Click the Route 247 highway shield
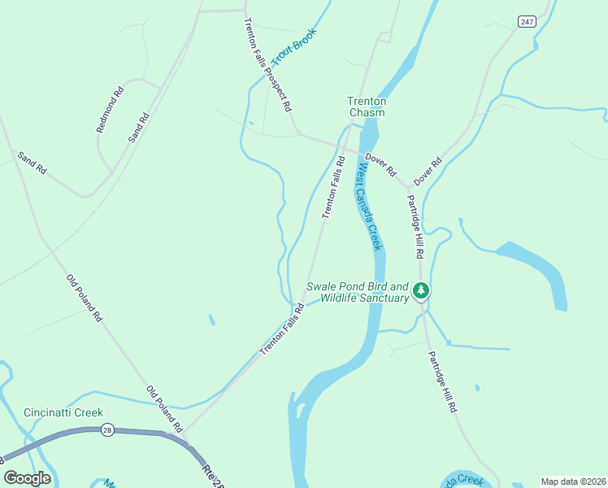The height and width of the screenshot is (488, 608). click(528, 22)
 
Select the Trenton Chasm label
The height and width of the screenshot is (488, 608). click(367, 107)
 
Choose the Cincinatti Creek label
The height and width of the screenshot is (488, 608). click(63, 412)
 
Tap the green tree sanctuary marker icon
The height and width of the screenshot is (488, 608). click(420, 290)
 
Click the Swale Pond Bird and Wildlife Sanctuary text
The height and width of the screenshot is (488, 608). click(358, 293)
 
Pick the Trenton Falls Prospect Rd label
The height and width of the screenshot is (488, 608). click(267, 64)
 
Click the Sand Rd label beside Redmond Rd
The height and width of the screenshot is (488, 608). click(139, 128)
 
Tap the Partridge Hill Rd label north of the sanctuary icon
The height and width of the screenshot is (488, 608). click(415, 227)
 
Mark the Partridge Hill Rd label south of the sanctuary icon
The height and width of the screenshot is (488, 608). click(441, 378)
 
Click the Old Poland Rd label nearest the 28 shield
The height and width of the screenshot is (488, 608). click(165, 409)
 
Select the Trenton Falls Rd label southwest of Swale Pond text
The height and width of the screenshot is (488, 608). click(281, 329)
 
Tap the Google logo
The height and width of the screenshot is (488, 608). click(28, 477)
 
